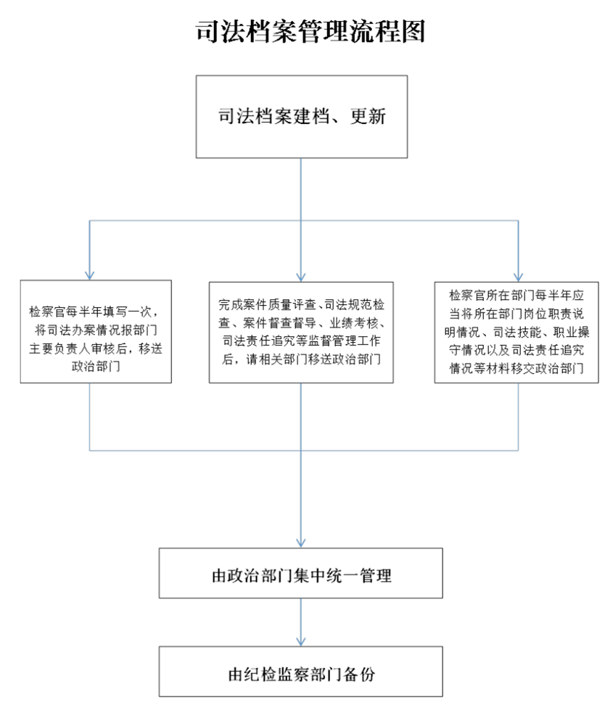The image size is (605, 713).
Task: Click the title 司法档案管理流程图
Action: coord(310,31)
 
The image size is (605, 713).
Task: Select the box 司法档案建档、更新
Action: coord(301,117)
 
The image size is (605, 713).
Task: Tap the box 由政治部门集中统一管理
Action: coord(300,573)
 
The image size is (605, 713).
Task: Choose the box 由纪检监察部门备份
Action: coord(300,671)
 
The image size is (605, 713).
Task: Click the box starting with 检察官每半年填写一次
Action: coord(96,331)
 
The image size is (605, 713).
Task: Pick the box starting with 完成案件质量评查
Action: coord(301,333)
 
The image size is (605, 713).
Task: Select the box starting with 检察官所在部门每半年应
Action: coord(516,333)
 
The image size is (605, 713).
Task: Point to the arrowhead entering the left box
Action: coord(90,275)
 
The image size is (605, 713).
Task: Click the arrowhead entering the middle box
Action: coord(301,278)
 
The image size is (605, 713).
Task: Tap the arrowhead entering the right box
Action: coord(518,278)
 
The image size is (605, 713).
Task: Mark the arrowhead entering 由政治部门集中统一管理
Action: coord(301,543)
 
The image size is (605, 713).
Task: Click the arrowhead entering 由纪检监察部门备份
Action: coord(301,641)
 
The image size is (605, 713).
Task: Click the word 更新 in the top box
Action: coord(368,117)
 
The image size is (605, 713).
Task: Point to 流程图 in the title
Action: coord(387,31)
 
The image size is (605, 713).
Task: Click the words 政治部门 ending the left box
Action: coord(96,366)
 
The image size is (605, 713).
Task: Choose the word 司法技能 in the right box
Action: coord(516,332)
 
